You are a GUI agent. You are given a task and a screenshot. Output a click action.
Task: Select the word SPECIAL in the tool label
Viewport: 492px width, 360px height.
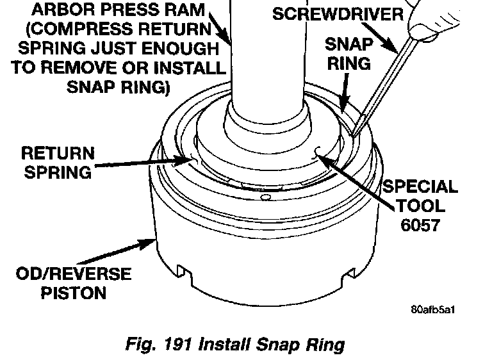420,188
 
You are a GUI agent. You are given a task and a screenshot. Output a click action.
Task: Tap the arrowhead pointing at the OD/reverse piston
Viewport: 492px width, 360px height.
152,241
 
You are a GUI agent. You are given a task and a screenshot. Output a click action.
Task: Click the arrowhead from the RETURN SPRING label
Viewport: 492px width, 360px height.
190,158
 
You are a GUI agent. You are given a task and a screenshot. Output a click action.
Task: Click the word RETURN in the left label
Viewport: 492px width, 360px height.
58,154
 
